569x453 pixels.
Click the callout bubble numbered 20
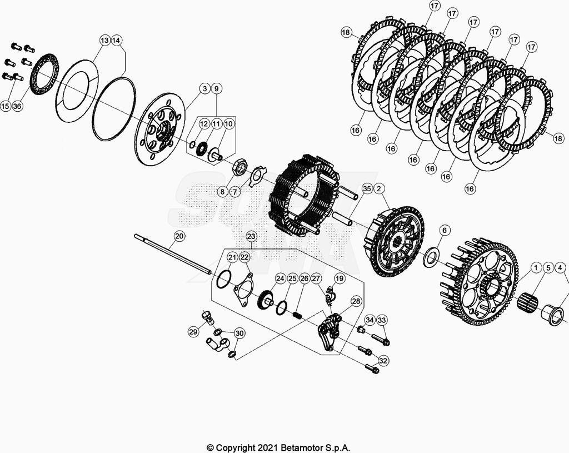pyautogui.click(x=179, y=236)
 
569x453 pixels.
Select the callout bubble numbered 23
pyautogui.click(x=251, y=236)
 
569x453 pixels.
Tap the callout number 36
pyautogui.click(x=17, y=106)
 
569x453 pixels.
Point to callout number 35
pyautogui.click(x=366, y=189)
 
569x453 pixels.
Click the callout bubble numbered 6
pyautogui.click(x=444, y=230)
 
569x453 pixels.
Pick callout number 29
pyautogui.click(x=193, y=332)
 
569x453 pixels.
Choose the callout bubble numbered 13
pyautogui.click(x=104, y=40)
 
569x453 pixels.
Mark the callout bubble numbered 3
pyautogui.click(x=204, y=88)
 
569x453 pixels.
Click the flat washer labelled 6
pyautogui.click(x=431, y=258)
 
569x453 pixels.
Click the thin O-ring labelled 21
pyautogui.click(x=221, y=279)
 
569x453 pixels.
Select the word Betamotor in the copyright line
pyautogui.click(x=301, y=447)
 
